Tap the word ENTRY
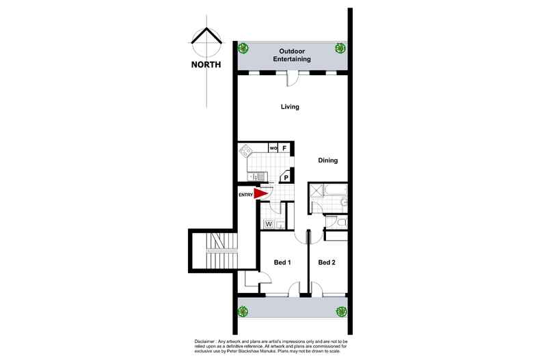[x=245, y=195]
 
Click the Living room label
[x=291, y=107]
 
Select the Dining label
[x=329, y=161]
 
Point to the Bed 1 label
[x=282, y=262]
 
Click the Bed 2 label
[x=327, y=262]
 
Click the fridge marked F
[x=284, y=148]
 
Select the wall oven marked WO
[x=273, y=148]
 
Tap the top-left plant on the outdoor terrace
[x=243, y=48]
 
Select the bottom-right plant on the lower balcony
[x=340, y=311]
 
